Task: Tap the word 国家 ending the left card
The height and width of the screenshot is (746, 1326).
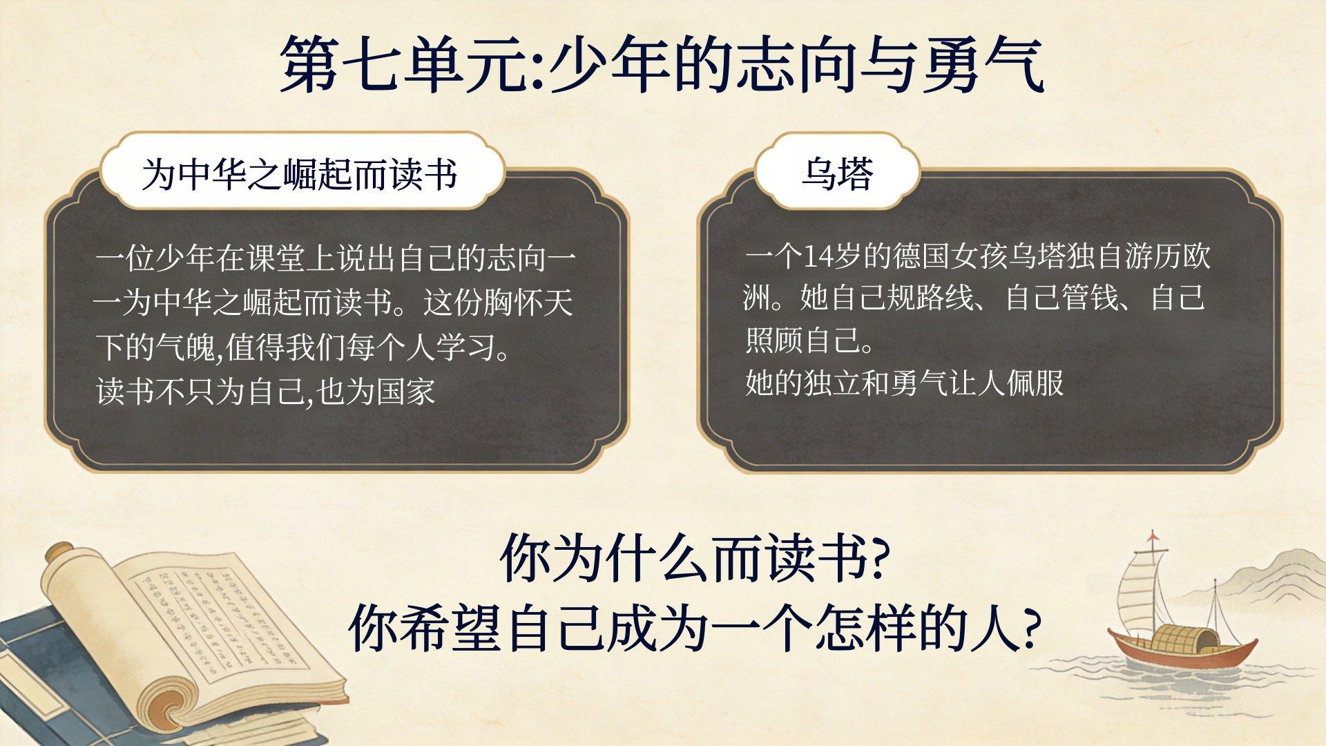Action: (406, 391)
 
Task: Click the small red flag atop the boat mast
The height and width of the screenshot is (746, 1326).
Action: (1152, 537)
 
